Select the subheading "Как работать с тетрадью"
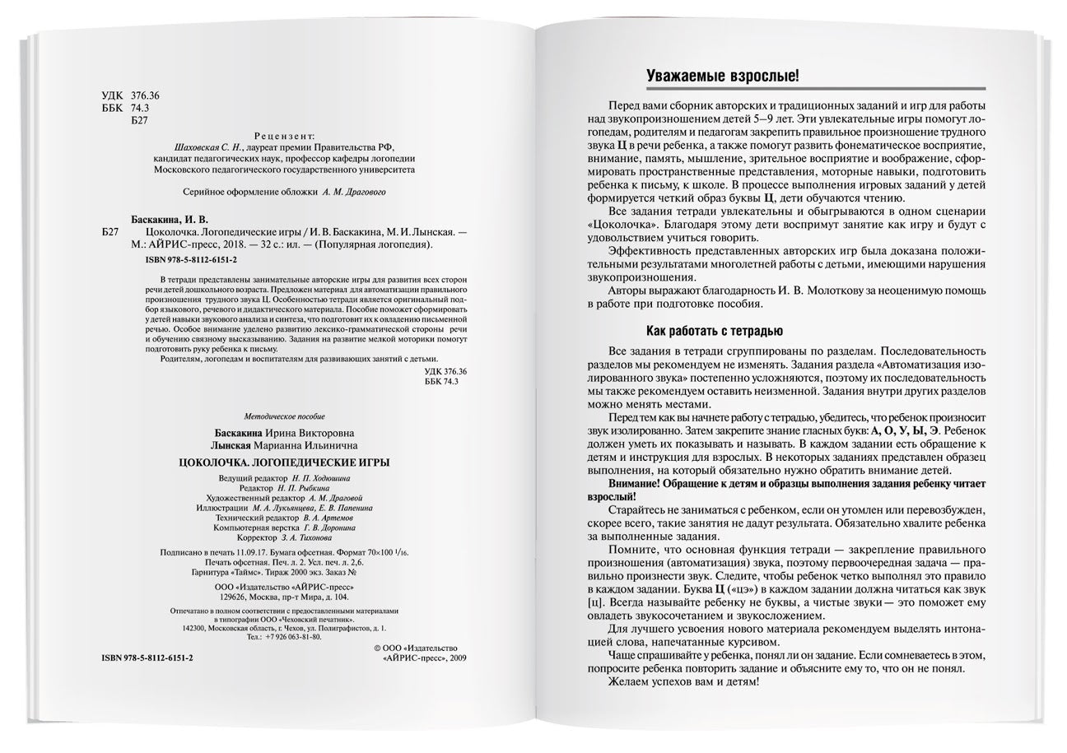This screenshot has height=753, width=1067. [714, 332]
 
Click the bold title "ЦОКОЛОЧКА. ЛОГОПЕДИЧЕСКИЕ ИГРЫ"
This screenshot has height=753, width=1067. [285, 462]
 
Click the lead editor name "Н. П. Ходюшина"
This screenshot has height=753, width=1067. [321, 478]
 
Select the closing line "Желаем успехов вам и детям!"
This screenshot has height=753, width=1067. [683, 682]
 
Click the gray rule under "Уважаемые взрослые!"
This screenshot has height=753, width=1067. [814, 88]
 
